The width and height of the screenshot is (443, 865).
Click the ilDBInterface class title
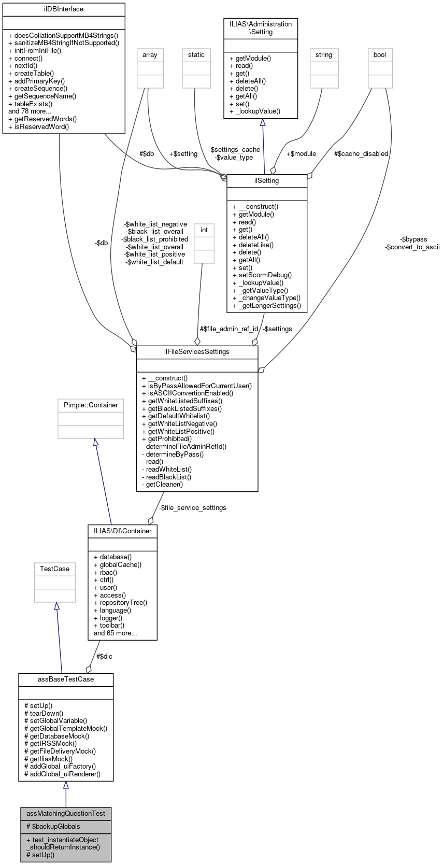[64, 9]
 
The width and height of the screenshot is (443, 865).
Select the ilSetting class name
[267, 181]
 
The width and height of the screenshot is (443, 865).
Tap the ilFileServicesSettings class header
[197, 352]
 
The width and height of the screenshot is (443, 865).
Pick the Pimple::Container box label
[91, 405]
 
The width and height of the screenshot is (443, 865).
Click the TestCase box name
[55, 569]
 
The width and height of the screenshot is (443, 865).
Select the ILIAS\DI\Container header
[123, 531]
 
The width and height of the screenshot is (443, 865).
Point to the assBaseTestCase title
[66, 679]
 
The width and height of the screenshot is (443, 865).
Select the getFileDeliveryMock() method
[63, 751]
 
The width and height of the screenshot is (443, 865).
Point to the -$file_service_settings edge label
[192, 508]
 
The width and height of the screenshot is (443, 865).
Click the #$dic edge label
[104, 657]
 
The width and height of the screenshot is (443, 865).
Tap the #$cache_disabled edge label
[361, 154]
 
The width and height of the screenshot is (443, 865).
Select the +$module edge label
[301, 154]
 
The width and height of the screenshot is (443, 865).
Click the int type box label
[204, 230]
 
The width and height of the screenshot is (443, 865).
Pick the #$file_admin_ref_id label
[229, 329]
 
